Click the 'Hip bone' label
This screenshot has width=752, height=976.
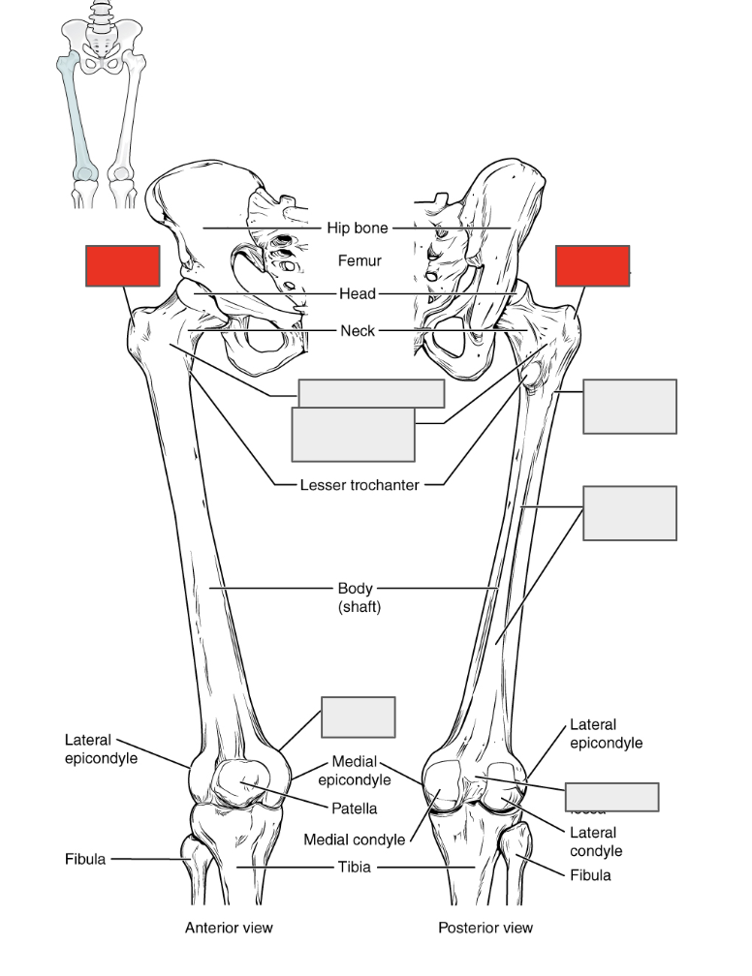pyautogui.click(x=357, y=229)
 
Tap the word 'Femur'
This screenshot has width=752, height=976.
pyautogui.click(x=360, y=260)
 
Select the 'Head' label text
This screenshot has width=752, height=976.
pyautogui.click(x=357, y=294)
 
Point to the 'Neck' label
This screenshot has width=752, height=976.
pyautogui.click(x=357, y=331)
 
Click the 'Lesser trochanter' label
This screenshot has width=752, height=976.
pyautogui.click(x=360, y=485)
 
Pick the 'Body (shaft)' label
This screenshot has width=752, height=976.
pyautogui.click(x=359, y=597)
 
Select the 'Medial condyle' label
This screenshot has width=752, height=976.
pyautogui.click(x=354, y=839)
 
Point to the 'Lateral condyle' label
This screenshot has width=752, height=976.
pyautogui.click(x=592, y=841)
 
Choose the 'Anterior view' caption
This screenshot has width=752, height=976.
pyautogui.click(x=229, y=928)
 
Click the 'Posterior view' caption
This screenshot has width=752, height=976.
pyautogui.click(x=485, y=928)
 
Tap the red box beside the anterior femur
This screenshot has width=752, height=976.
pyautogui.click(x=122, y=266)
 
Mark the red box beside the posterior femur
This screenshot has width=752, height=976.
pyautogui.click(x=592, y=266)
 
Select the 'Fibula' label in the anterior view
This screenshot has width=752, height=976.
pyautogui.click(x=85, y=858)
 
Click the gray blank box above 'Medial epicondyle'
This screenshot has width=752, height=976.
pyautogui.click(x=358, y=717)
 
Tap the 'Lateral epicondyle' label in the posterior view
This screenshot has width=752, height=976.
pyautogui.click(x=606, y=733)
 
